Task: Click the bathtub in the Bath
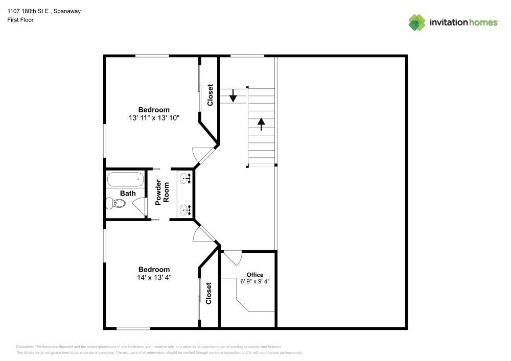point(125,179)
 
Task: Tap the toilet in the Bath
point(116,203)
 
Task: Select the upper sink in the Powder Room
point(185,178)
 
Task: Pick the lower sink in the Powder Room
point(185,210)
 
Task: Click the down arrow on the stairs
point(233,95)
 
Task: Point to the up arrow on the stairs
point(261,124)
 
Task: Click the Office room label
point(255,275)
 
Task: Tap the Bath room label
point(128,194)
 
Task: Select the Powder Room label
point(162,192)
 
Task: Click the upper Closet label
point(210,95)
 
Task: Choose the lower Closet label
point(208,293)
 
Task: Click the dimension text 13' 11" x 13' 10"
point(154,118)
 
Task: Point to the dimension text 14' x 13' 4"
point(154,277)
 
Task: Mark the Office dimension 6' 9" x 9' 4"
point(255,281)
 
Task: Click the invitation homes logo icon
point(417,22)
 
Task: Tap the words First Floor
point(20,20)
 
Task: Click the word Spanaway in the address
point(67,11)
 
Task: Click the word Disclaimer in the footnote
point(25,347)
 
